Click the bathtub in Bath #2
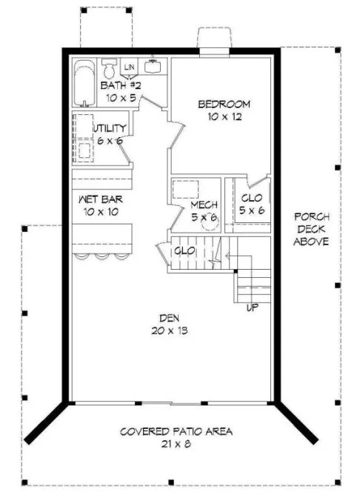(82, 82)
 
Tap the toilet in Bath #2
(109, 69)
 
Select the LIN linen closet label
(130, 68)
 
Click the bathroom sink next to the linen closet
(154, 66)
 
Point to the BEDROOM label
(224, 104)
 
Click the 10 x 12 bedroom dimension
(224, 116)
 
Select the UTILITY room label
(110, 128)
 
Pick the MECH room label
(203, 205)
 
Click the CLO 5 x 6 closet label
(252, 198)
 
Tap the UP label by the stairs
(251, 306)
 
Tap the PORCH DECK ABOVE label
(307, 229)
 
